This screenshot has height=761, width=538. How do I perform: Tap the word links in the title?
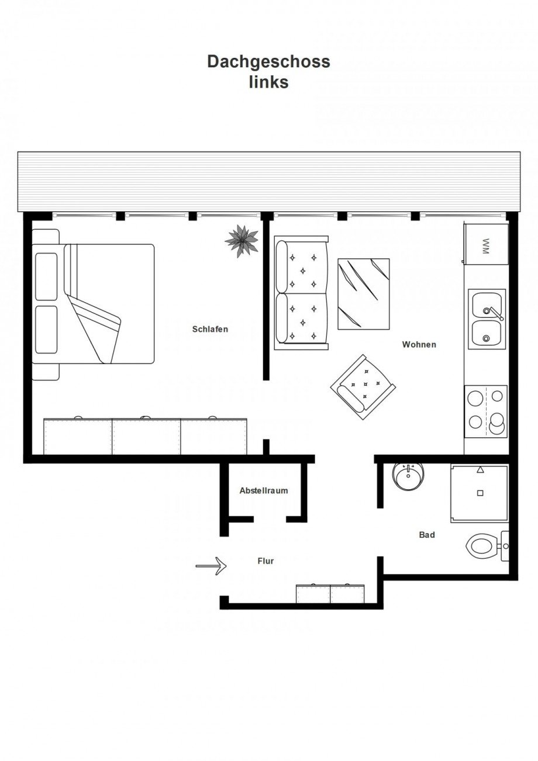click(x=268, y=82)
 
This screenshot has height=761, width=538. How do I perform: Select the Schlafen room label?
click(x=210, y=329)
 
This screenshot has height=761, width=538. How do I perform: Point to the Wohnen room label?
click(x=419, y=344)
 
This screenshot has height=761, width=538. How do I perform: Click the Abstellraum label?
click(x=264, y=490)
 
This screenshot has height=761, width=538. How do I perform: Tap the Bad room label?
click(x=427, y=535)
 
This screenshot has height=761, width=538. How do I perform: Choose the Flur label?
click(x=265, y=561)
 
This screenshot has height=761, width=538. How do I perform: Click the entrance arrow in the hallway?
click(x=211, y=566)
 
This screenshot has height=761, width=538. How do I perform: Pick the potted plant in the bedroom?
click(x=242, y=241)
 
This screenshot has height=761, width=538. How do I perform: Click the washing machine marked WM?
click(x=485, y=244)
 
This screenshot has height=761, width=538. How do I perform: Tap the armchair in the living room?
click(x=363, y=387)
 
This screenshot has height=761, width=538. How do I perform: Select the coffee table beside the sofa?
click(x=364, y=294)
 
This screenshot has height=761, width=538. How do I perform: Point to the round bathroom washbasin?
click(x=408, y=476)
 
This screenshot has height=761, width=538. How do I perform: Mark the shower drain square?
click(x=480, y=493)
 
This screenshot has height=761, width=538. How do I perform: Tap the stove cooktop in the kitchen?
click(x=485, y=411)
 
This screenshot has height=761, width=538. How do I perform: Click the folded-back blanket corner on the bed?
click(x=95, y=328)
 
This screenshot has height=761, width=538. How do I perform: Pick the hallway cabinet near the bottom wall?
click(x=330, y=593)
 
